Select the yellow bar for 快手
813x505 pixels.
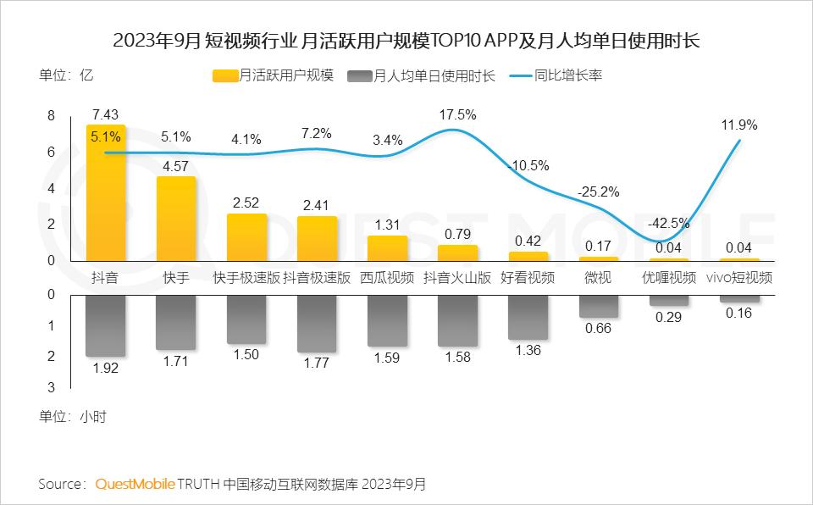point(176,219)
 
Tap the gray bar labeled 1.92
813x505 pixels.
point(106,325)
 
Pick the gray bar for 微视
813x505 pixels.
point(598,306)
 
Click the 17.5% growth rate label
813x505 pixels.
point(458,114)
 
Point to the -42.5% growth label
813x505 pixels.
point(668,225)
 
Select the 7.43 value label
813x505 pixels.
point(105,114)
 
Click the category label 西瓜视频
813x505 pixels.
point(387,277)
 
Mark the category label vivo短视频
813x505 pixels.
point(738,277)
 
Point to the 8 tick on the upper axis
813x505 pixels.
point(50,116)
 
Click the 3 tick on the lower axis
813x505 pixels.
point(50,387)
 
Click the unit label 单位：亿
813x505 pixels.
point(65,75)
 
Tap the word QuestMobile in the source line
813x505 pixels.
point(135,484)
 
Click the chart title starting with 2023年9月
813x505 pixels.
point(406,40)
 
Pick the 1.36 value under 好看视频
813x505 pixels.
point(528,350)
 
